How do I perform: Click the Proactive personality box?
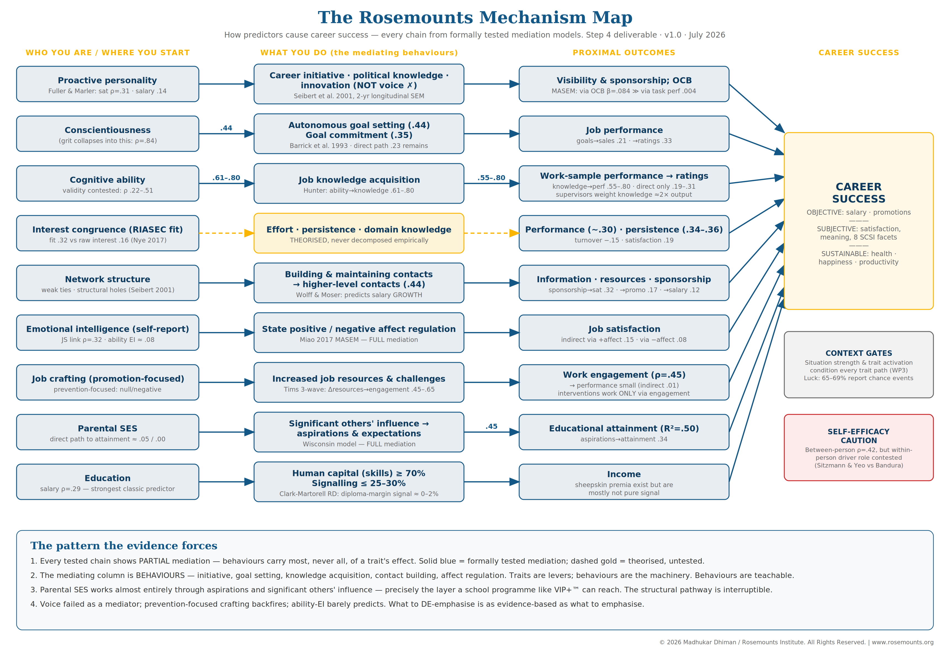pyautogui.click(x=107, y=84)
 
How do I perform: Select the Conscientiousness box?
pyautogui.click(x=107, y=134)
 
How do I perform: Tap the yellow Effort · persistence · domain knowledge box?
pyautogui.click(x=359, y=233)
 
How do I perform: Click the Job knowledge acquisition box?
pyautogui.click(x=359, y=183)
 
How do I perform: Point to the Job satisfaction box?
pyautogui.click(x=624, y=333)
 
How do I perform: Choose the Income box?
pyautogui.click(x=624, y=482)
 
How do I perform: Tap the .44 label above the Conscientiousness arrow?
pyautogui.click(x=226, y=128)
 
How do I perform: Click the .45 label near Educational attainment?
pyautogui.click(x=491, y=426)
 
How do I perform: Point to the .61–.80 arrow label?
pyautogui.click(x=226, y=178)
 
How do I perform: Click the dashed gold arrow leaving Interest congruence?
pyautogui.click(x=226, y=233)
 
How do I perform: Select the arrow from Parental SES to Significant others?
pyautogui.click(x=226, y=432)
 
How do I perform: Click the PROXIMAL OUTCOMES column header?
pyautogui.click(x=624, y=53)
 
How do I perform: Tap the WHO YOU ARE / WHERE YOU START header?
pyautogui.click(x=107, y=53)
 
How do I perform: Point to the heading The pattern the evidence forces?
pyautogui.click(x=124, y=546)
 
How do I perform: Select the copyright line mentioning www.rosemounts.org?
pyautogui.click(x=796, y=642)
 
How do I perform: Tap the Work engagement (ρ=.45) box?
pyautogui.click(x=624, y=382)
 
